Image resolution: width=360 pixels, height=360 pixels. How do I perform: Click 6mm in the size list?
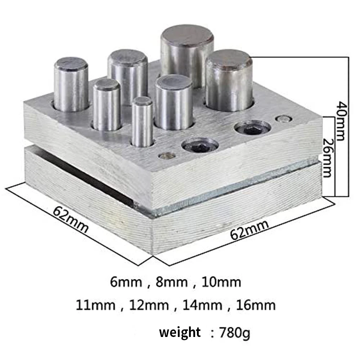coord(126,282)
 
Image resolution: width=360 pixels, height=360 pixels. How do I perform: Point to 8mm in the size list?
coord(172,282)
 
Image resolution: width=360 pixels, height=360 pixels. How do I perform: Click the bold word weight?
coord(180,332)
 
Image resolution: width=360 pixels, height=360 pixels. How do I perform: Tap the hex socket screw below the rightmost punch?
coord(252,127)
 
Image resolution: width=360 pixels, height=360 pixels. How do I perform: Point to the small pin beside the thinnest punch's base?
coord(167,156)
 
